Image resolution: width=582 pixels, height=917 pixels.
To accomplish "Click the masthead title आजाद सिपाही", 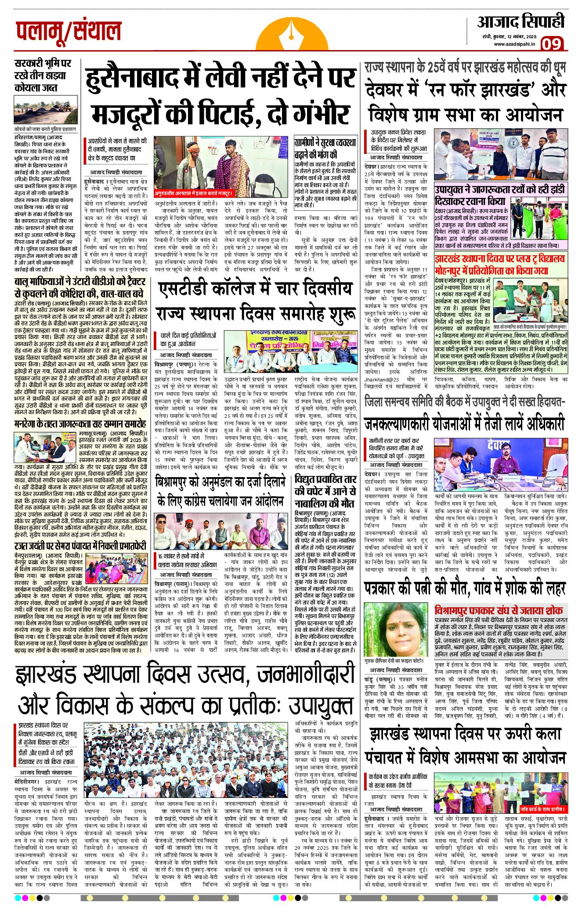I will (x=521, y=22).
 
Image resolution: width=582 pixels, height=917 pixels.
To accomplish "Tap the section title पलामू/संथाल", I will (x=68, y=31).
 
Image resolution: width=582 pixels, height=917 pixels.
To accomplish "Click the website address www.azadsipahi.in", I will (x=514, y=44).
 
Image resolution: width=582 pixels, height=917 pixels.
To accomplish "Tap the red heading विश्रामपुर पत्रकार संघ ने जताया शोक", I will (x=499, y=610).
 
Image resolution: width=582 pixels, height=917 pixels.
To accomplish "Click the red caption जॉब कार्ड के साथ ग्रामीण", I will (x=542, y=809).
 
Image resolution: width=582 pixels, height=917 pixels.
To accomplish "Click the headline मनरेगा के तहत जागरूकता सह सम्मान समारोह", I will (x=80, y=424).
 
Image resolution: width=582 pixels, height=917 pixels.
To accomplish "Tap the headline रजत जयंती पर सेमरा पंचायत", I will (x=80, y=546).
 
